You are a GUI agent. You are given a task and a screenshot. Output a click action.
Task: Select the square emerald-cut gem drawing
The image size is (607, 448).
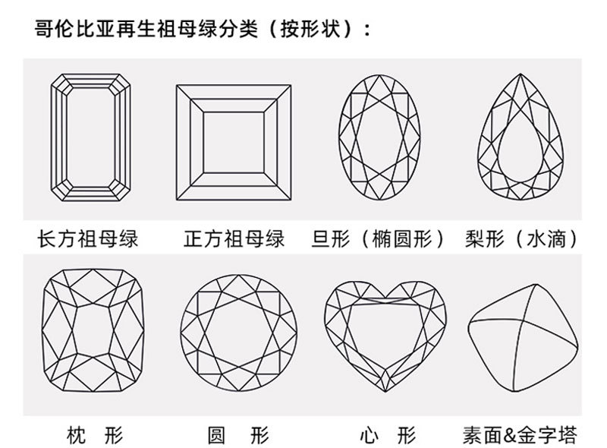(x=235, y=136)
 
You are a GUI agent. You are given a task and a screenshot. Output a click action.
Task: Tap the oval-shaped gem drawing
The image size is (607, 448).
(x=379, y=137)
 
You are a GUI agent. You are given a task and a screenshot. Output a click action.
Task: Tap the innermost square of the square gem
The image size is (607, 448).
(x=235, y=136)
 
